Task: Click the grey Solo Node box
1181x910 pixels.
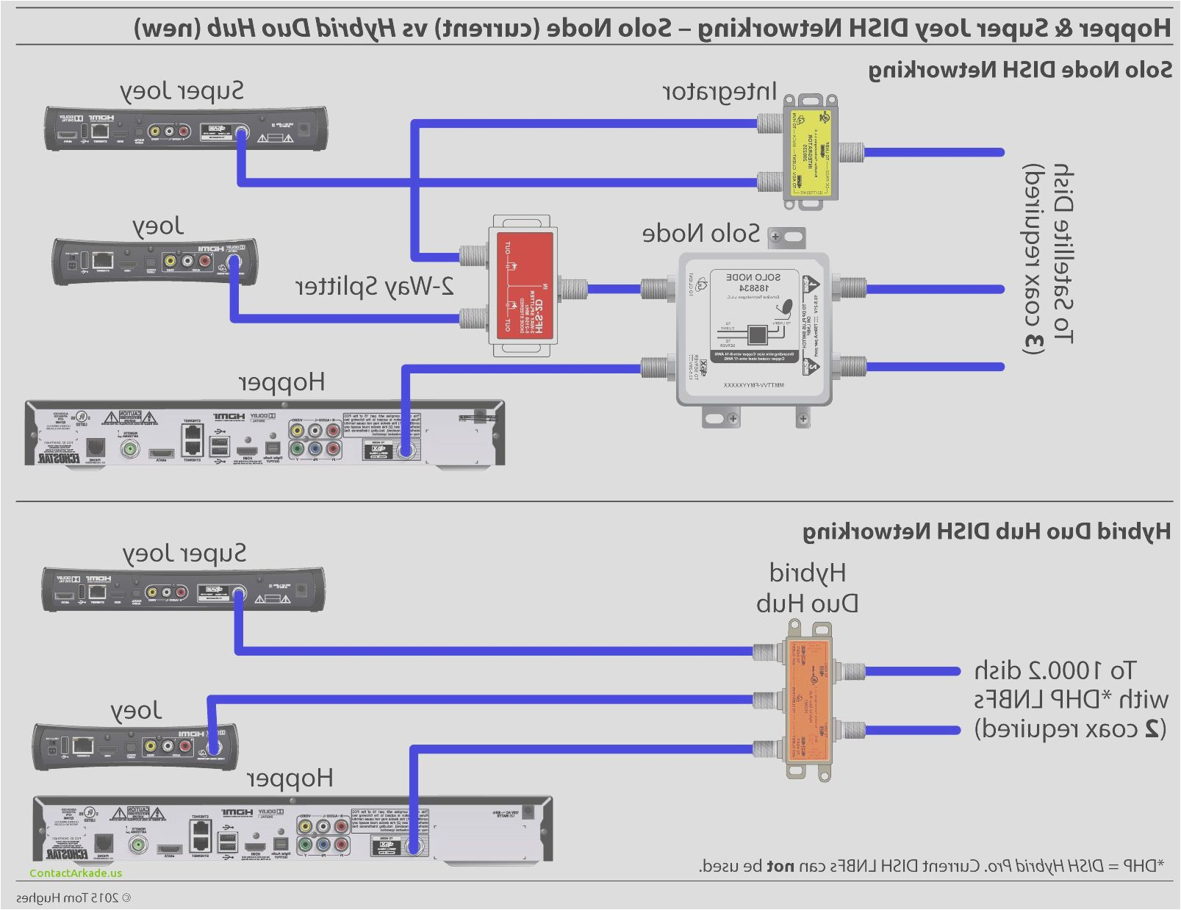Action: pos(754,329)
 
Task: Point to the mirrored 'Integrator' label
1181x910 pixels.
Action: pos(719,92)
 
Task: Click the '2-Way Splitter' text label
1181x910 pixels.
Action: pos(375,287)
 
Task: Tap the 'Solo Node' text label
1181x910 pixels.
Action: pos(700,234)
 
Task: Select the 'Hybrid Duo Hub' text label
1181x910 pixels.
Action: pos(807,588)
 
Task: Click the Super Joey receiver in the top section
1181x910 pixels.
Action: pos(185,129)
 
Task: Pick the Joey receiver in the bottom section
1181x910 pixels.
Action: pos(135,747)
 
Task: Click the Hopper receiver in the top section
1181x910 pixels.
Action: pos(265,433)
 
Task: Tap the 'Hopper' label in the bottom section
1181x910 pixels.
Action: pos(290,778)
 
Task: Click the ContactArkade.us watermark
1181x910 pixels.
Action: pos(76,873)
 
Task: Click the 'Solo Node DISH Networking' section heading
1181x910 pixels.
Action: pos(1019,70)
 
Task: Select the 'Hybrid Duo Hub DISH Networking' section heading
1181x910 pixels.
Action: pos(986,531)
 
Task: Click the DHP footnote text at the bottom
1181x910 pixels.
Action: pos(931,866)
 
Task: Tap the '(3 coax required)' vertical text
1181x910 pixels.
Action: pos(1033,259)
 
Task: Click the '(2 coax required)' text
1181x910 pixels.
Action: pos(1069,729)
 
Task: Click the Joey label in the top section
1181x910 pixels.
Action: pos(157,226)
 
